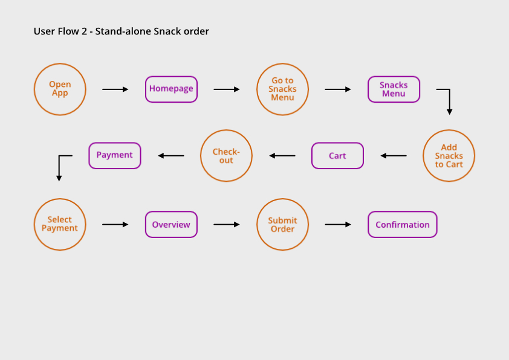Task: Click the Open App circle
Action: coord(60,89)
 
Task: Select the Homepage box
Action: coord(171,89)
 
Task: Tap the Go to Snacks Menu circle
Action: coord(283,89)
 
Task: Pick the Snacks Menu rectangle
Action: coord(394,89)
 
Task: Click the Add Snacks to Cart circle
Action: coord(449,156)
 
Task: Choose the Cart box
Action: coord(337,156)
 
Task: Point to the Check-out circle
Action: coord(226,156)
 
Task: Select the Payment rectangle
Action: coord(115,155)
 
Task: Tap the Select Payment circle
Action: coord(60,224)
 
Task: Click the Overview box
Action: coord(171,225)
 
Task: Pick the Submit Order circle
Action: coord(283,224)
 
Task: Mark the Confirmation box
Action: coord(403,225)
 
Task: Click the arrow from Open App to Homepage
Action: coord(115,89)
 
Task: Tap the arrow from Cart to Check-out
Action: coord(282,156)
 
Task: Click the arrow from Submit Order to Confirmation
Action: coord(338,225)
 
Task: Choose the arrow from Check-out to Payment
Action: coord(171,156)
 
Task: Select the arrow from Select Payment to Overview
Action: coord(115,225)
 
